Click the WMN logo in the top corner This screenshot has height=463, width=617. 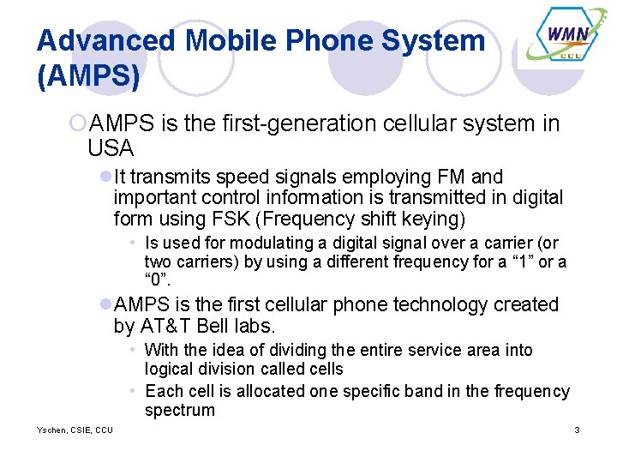click(x=567, y=39)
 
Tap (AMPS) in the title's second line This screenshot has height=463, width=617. click(x=88, y=76)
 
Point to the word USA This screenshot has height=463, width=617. click(x=111, y=148)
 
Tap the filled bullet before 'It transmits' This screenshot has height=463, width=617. click(x=105, y=177)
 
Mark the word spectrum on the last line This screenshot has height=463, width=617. click(x=179, y=410)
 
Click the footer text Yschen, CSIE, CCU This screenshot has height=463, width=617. click(x=75, y=430)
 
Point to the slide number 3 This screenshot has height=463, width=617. click(x=577, y=430)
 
